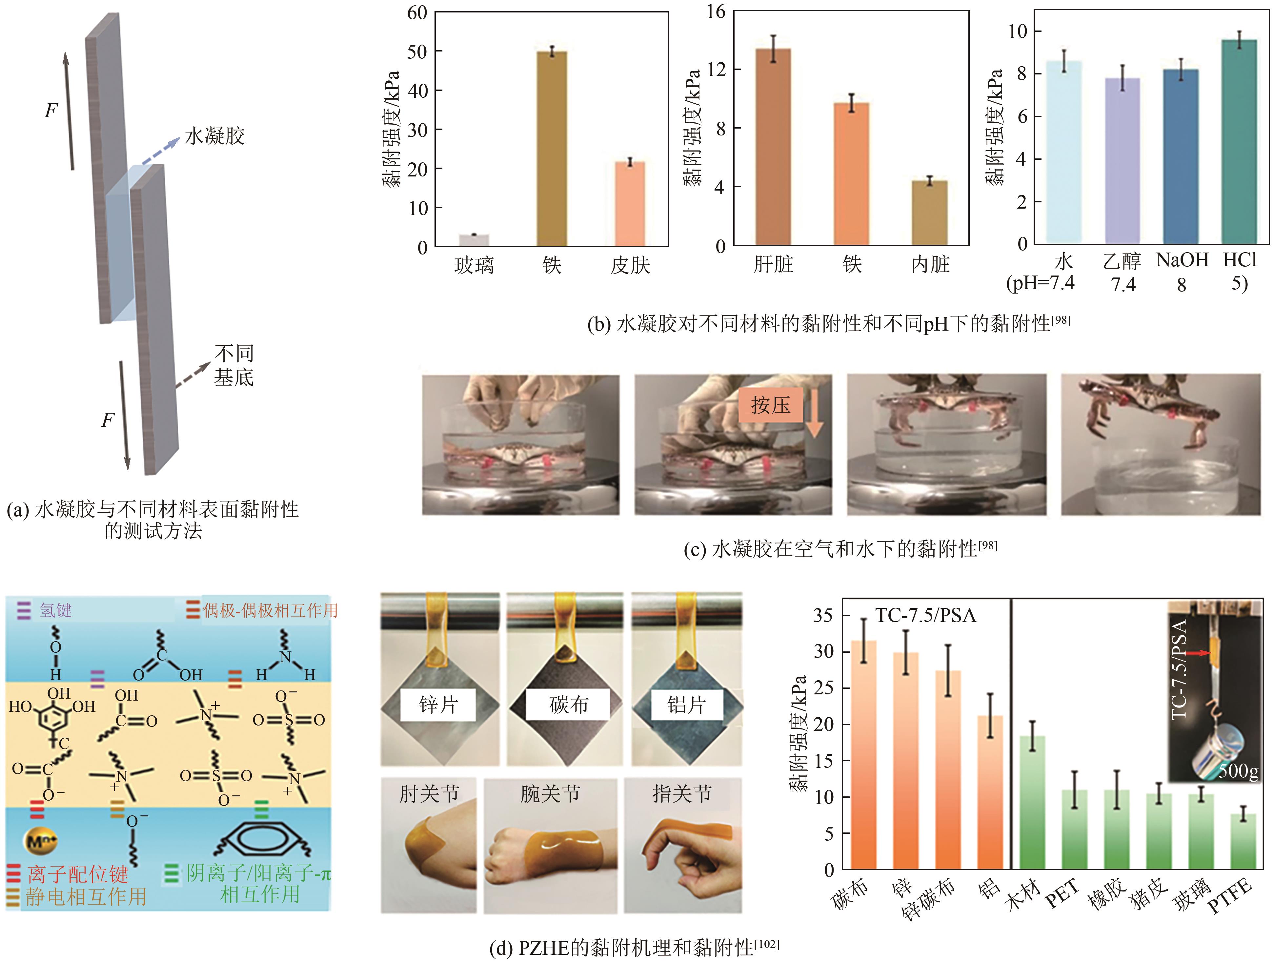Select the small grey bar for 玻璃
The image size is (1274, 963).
pyautogui.click(x=474, y=240)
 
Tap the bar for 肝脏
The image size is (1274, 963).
pyautogui.click(x=773, y=147)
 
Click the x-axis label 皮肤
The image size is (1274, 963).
pyautogui.click(x=630, y=266)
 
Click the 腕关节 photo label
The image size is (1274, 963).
pyautogui.click(x=550, y=794)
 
